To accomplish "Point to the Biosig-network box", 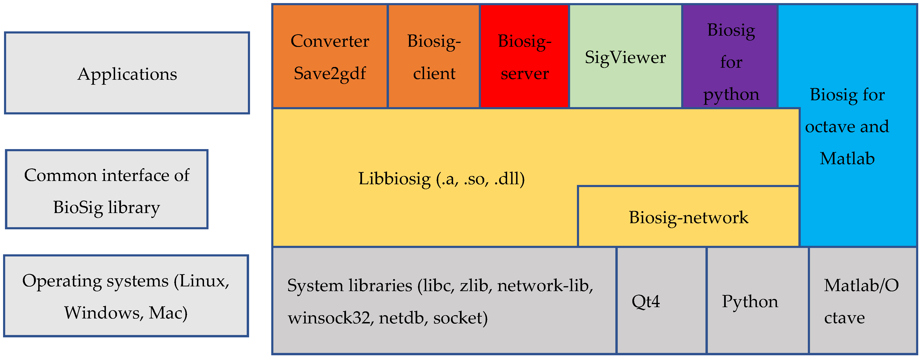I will point(688,217).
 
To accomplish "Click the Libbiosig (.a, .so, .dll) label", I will point(441,178).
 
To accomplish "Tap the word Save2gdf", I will point(330,73).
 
